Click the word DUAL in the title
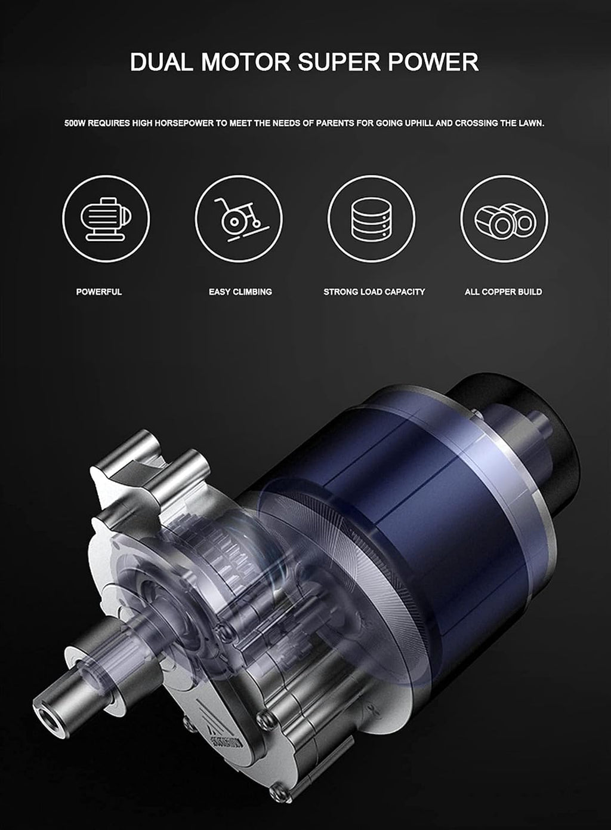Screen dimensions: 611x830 coord(162,62)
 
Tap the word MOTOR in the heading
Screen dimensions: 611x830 coord(246,62)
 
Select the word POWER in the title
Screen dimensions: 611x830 coord(433,62)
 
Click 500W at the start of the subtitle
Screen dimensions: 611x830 coord(75,124)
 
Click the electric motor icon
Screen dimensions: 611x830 coord(106,219)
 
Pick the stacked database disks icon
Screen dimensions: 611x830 coord(371,219)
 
